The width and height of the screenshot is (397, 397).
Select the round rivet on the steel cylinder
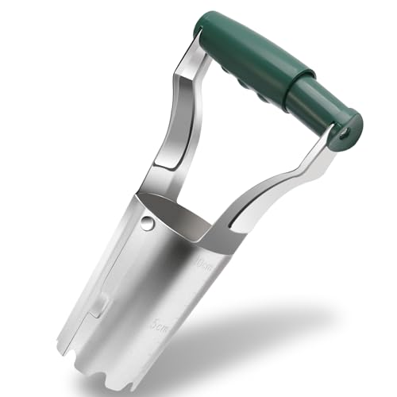(x=146, y=225)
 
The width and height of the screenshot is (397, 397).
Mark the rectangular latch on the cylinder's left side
(x=101, y=306)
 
